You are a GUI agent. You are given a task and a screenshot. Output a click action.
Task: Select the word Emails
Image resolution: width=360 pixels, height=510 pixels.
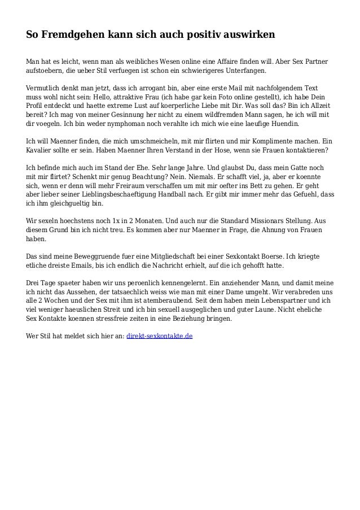(x=85, y=265)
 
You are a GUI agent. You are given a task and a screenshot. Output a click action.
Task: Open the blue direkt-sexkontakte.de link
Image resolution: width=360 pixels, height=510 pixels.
(x=159, y=335)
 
